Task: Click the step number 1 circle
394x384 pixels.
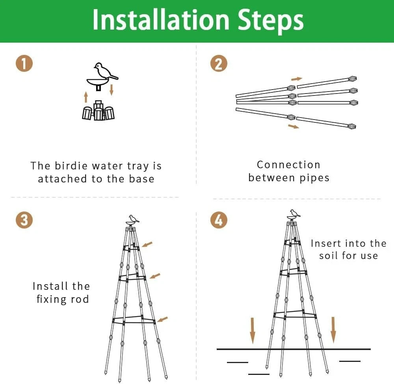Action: (24, 64)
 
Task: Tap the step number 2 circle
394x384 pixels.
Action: (219, 64)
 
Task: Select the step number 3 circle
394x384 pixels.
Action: (24, 220)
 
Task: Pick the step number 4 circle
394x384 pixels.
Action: (219, 220)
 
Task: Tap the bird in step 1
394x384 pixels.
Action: (104, 71)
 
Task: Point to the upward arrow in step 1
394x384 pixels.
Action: (86, 97)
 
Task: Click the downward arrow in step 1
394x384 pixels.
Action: (112, 89)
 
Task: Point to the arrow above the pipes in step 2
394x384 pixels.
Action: (297, 79)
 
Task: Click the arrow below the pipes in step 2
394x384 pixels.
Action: (294, 126)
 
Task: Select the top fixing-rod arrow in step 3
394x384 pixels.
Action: (147, 245)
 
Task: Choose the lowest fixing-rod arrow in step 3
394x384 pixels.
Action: (163, 319)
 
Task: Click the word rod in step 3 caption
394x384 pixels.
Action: (80, 299)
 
